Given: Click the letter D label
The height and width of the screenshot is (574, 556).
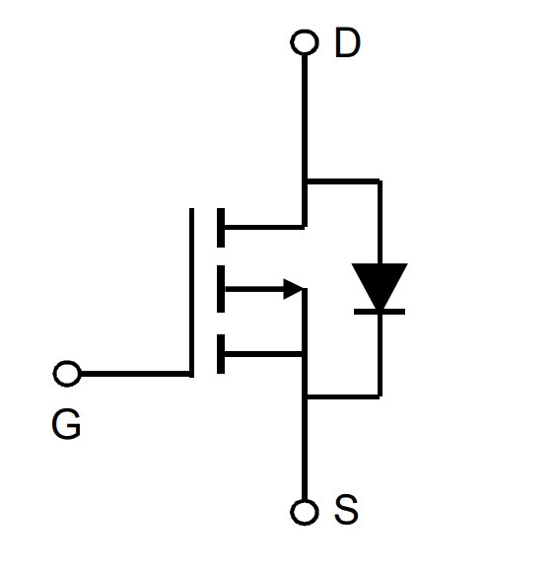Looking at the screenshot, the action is click(347, 42).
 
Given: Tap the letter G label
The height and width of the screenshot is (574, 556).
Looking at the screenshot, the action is click(66, 424).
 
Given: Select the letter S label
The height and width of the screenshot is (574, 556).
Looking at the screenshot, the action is click(346, 509).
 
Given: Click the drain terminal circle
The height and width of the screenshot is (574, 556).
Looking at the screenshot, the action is click(305, 42).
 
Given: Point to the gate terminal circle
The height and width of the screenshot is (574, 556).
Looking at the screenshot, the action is click(67, 374).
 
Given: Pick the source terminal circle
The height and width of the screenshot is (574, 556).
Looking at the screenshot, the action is click(305, 512).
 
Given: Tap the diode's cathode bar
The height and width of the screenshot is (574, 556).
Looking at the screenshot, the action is click(380, 312).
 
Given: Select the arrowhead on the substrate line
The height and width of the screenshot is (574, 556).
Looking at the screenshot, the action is click(293, 289).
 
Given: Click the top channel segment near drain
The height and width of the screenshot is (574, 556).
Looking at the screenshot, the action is click(221, 228).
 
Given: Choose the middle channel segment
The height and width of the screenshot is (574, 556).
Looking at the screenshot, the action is click(221, 289).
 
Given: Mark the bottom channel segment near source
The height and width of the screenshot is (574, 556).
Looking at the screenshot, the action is click(221, 354).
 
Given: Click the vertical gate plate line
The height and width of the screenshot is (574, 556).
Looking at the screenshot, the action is click(191, 293).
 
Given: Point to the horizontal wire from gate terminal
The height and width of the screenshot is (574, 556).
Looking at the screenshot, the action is click(135, 374).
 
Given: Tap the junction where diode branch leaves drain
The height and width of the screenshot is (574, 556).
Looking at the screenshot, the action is click(305, 181).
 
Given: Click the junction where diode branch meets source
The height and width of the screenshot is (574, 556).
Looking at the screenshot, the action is click(305, 396).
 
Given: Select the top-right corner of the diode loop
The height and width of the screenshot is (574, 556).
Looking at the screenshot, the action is click(381, 181).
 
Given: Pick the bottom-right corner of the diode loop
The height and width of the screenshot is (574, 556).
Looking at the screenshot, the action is click(381, 396).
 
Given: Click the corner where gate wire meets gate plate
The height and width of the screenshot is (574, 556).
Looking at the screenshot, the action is click(191, 374).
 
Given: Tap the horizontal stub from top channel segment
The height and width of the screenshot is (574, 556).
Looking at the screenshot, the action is click(264, 227).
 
